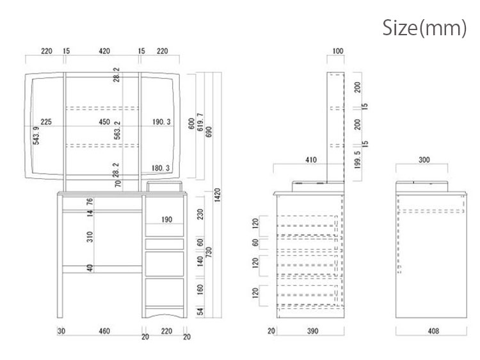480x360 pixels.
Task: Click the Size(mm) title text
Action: point(424,28)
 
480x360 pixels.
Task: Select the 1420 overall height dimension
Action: point(218,195)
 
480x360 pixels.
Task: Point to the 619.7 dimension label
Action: point(200,122)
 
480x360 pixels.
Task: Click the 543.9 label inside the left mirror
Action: point(36,135)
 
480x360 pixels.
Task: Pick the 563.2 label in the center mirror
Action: point(117,130)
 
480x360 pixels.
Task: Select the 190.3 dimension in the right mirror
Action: point(161,122)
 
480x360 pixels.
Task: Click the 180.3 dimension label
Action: point(161,168)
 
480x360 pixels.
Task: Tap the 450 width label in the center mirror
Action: point(104,122)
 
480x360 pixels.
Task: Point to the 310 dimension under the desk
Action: point(90,237)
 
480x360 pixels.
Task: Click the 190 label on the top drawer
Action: point(167,219)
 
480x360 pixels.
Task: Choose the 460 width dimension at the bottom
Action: point(104,331)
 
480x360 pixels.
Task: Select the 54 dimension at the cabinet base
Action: point(200,311)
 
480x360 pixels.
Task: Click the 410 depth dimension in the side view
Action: point(311,160)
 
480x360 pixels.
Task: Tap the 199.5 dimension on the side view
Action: point(358,159)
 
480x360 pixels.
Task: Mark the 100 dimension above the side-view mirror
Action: point(338,51)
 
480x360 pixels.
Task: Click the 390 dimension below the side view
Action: point(312,331)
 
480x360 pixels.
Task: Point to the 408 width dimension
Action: point(433,331)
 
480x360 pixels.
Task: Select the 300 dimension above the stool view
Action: point(424,160)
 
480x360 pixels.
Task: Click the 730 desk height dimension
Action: point(209,252)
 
